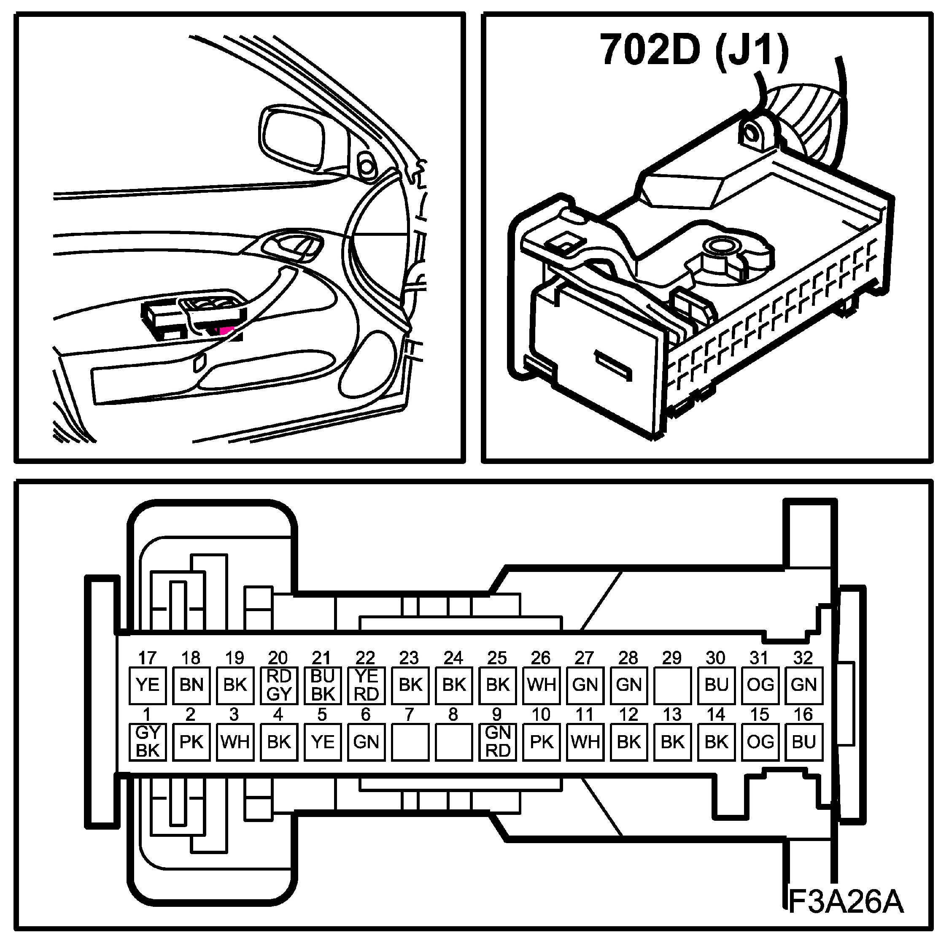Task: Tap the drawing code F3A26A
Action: [846, 914]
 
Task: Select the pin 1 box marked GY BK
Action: [147, 742]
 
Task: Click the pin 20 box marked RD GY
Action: [278, 685]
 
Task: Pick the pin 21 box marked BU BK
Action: [322, 685]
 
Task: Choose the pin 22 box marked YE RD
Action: [366, 685]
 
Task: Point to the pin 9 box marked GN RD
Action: [497, 742]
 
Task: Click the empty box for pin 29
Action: [672, 685]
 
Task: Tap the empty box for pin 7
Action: [410, 742]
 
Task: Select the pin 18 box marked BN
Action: [191, 685]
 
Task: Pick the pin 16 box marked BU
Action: [803, 742]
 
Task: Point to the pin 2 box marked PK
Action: [191, 742]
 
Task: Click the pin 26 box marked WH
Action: [541, 685]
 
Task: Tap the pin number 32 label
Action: [803, 658]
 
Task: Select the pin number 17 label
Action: [147, 658]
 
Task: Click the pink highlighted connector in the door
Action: [224, 330]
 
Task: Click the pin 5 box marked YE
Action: [322, 742]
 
